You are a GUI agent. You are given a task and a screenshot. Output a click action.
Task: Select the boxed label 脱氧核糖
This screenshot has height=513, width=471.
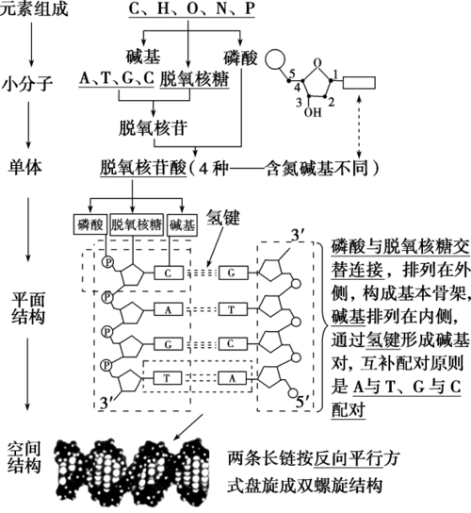click(x=138, y=224)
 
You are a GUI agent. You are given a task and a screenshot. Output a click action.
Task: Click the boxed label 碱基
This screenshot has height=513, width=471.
click(x=184, y=224)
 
